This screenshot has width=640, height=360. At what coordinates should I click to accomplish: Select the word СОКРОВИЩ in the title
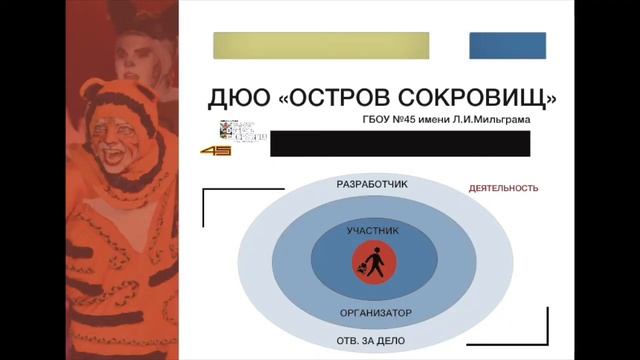point(476,97)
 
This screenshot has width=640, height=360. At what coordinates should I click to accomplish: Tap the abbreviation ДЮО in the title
point(238,97)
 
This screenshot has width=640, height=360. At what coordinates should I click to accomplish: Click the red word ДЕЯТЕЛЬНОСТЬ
point(504,188)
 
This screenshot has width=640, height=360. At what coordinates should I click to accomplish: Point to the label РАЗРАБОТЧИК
point(372,185)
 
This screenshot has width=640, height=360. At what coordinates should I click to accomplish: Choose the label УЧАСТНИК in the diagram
point(372,230)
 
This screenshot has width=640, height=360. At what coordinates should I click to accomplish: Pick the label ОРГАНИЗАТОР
point(375,313)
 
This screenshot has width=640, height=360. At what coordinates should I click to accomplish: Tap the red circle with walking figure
point(373,265)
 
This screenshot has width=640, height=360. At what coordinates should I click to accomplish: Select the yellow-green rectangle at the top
point(321,45)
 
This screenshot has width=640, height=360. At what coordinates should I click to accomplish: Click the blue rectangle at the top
point(508,45)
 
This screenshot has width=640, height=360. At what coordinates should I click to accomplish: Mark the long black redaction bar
point(399,143)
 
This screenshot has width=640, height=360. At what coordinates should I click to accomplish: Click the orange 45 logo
point(216,150)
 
